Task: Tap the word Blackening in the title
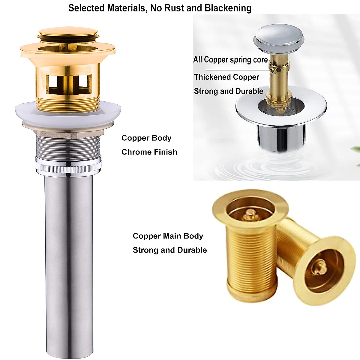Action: [x=228, y=8]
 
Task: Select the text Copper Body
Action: [x=146, y=138]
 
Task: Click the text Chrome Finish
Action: [x=149, y=152]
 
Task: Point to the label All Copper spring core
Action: [x=230, y=59]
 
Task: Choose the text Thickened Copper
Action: [x=226, y=77]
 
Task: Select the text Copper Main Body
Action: [x=168, y=236]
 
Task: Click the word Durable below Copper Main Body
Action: [x=192, y=250]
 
